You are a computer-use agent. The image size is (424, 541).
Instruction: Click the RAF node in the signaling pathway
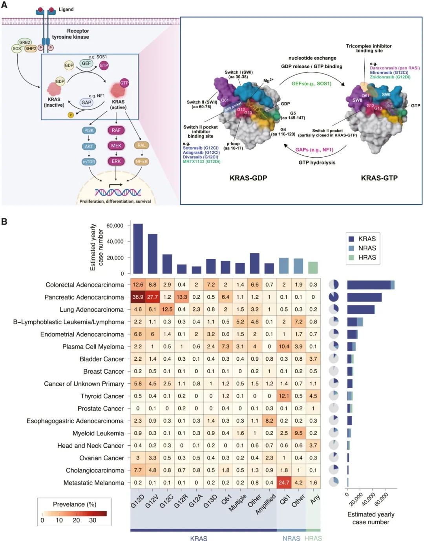pos(116,130)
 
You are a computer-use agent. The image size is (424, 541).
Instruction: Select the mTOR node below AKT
pos(89,162)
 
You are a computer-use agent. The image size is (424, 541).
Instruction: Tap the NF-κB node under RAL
pos(141,162)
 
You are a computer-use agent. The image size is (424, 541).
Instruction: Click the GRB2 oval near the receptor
pos(25,42)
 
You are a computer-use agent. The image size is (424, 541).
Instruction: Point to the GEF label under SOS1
pos(86,63)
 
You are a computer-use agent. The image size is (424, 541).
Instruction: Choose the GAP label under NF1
pos(86,102)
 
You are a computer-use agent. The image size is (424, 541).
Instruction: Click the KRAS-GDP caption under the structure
pos(248,178)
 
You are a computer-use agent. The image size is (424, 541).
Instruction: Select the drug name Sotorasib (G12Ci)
pos(201,148)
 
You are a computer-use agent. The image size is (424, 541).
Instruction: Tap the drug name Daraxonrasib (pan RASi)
pos(395,68)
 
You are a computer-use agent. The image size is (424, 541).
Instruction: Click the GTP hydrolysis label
pos(317,163)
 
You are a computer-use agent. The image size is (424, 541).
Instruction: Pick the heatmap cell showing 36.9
pos(138,297)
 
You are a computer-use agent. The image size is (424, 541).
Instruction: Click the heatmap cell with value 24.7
pos(284,483)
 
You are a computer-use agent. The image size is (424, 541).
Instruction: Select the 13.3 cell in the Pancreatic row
pos(181,297)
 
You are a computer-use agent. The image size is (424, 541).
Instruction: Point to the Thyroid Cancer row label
pos(102,396)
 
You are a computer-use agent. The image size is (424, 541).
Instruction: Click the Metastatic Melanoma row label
pos(94,483)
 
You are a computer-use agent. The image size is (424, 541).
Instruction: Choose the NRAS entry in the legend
pos(367,248)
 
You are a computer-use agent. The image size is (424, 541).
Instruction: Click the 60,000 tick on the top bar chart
pos(115,226)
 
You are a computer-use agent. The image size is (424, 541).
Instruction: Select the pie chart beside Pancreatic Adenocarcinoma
pos(334,297)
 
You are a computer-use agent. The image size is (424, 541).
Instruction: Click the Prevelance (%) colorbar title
pos(75,504)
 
